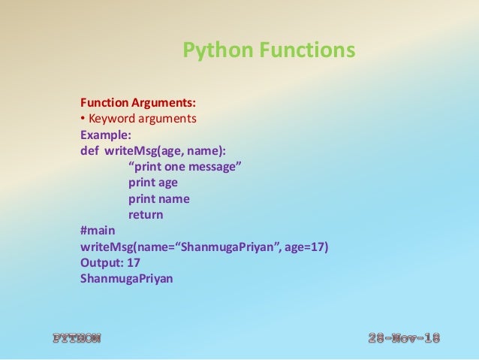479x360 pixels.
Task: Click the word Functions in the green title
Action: (x=307, y=51)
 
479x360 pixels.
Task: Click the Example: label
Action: (x=105, y=135)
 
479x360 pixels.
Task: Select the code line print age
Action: (x=153, y=183)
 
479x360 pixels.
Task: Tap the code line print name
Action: (x=158, y=198)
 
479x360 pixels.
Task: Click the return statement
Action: (x=146, y=215)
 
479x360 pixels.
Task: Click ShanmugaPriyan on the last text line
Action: (x=126, y=279)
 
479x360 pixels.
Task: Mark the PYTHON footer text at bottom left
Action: (x=76, y=338)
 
